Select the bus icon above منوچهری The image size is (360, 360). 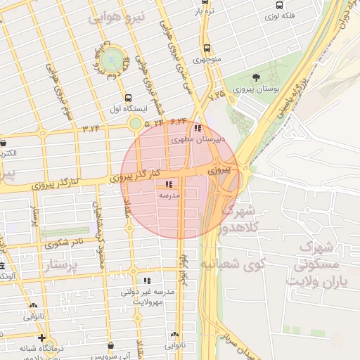206,49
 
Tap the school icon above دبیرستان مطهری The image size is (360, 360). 198,128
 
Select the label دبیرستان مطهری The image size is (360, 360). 200,139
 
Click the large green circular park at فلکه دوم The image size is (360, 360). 109,56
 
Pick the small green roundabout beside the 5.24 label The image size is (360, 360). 135,124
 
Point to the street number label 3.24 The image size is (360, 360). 92,128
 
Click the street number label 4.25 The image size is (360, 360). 217,94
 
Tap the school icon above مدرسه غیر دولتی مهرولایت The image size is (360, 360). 147,280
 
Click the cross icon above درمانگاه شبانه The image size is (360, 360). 43,337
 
